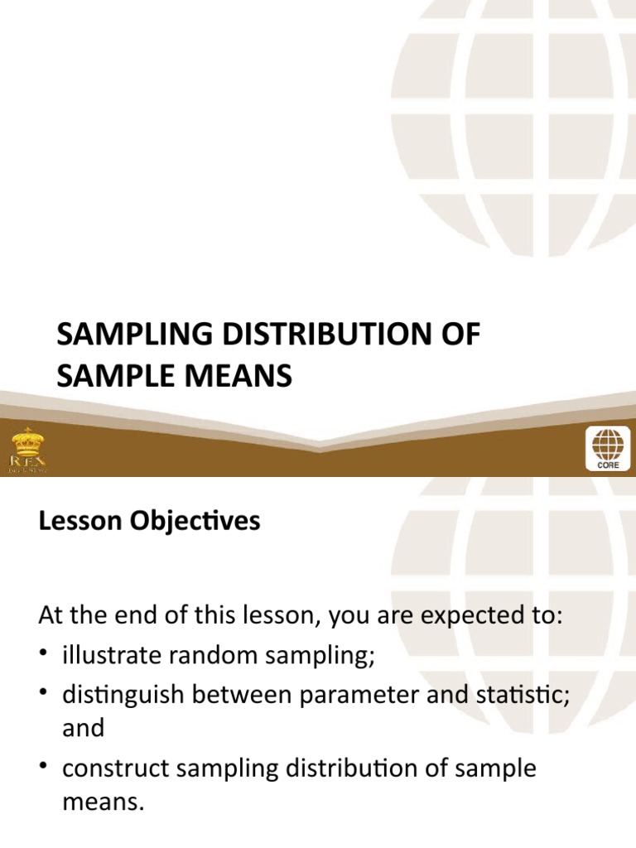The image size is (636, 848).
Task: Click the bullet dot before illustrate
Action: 46,656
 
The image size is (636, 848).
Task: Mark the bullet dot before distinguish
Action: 46,694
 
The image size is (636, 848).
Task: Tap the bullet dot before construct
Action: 46,768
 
